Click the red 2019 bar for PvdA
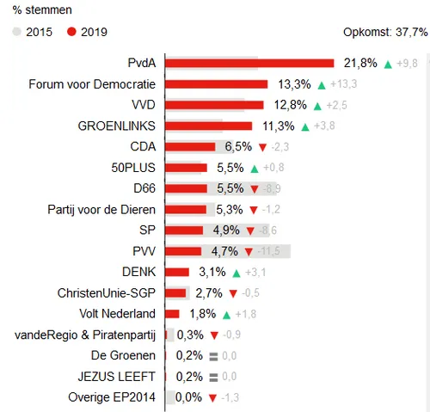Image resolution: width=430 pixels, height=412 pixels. pos(249,63)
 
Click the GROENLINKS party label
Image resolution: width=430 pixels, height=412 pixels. pos(116,126)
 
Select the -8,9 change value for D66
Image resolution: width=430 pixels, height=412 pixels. pos(270,188)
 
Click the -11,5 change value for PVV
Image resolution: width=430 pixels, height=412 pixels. pos(273,251)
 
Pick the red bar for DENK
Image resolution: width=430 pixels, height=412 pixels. pos(176,272)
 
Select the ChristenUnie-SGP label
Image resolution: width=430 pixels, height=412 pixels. pos(106,292)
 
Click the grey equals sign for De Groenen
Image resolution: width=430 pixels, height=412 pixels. pos(213,355)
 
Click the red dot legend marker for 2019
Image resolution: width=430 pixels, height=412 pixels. pos(71,32)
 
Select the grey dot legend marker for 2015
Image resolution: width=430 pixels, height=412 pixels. pos(17,32)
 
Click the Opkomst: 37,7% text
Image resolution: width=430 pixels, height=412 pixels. pos(384,32)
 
